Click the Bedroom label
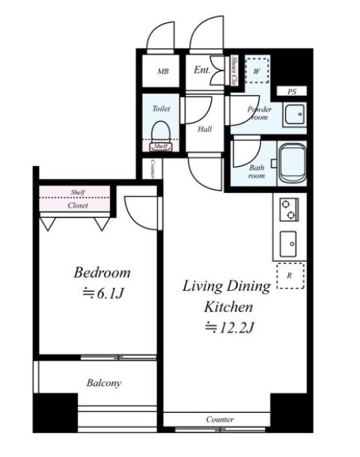coord(102,273)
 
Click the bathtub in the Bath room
coord(293,164)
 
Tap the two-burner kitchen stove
coord(289,209)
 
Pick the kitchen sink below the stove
coord(288,244)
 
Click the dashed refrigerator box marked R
coord(290,276)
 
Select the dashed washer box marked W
coord(257,70)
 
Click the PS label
coord(292,92)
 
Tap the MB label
coord(163,71)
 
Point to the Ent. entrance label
coord(201,70)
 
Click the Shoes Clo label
coord(234,70)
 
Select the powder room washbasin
coord(295,114)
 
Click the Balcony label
coord(104,383)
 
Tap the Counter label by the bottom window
coord(220,419)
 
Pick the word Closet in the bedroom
coord(78,206)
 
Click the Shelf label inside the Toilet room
coord(161,147)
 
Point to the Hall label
coord(204,129)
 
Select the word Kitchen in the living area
coord(228,307)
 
